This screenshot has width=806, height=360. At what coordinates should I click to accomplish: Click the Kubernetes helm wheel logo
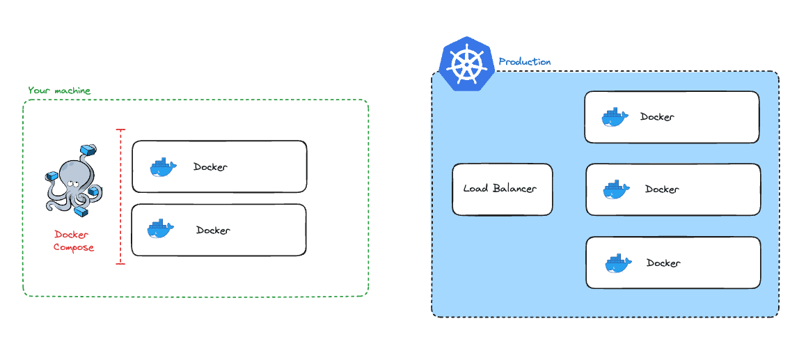[x=466, y=64]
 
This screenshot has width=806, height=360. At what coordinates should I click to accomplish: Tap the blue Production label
[x=525, y=62]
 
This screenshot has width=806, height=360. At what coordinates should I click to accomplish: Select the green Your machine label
[x=59, y=91]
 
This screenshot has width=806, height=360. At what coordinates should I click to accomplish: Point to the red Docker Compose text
[x=74, y=241]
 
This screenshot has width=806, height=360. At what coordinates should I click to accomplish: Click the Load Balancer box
[x=502, y=189]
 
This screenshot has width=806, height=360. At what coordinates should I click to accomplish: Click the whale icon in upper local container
[x=161, y=167]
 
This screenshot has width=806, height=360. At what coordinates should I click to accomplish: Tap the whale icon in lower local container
[x=160, y=230]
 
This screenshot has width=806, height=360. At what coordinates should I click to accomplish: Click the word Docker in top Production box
[x=657, y=117]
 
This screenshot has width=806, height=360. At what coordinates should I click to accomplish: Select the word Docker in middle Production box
[x=662, y=189]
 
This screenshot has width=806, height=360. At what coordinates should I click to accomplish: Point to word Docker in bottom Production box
[x=663, y=263]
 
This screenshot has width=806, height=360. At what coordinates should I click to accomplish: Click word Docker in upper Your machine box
[x=210, y=167]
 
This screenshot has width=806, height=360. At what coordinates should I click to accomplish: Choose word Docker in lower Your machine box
[x=213, y=230]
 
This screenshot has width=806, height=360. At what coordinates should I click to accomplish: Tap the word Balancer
[x=515, y=189]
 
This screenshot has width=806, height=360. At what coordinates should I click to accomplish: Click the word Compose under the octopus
[x=74, y=248]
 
